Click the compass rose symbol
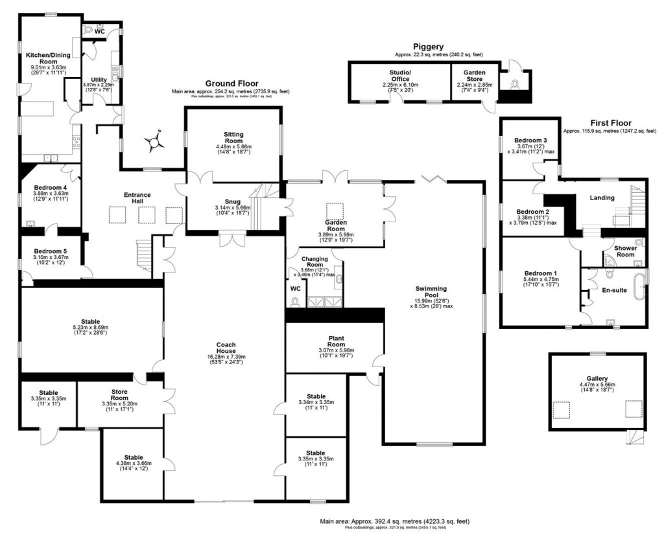click(155, 141)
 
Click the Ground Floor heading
click(231, 84)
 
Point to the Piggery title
click(428, 47)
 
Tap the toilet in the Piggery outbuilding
click(516, 84)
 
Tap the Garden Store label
click(475, 74)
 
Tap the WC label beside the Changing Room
click(295, 288)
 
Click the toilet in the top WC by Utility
click(89, 29)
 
